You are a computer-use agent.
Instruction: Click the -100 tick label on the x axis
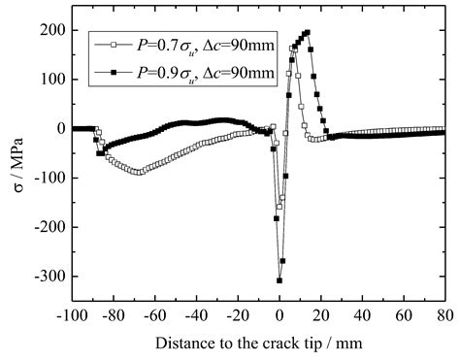74,313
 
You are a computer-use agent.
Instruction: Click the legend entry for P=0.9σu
189,70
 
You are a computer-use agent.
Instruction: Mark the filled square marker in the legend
115,71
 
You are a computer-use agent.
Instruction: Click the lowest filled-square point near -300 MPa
279,280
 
